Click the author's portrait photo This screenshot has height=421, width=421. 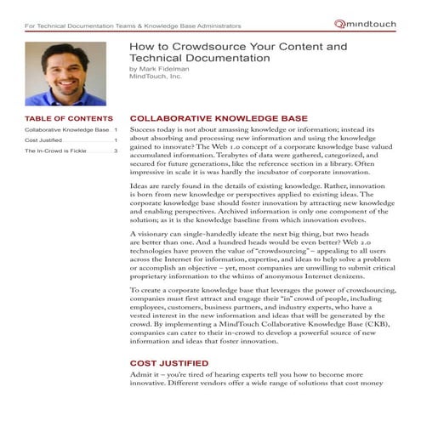tap(65, 75)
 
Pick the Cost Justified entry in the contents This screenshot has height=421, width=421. tap(43, 140)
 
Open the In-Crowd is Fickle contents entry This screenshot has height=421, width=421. tap(57, 151)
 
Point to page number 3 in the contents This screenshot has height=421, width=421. tap(116, 151)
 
